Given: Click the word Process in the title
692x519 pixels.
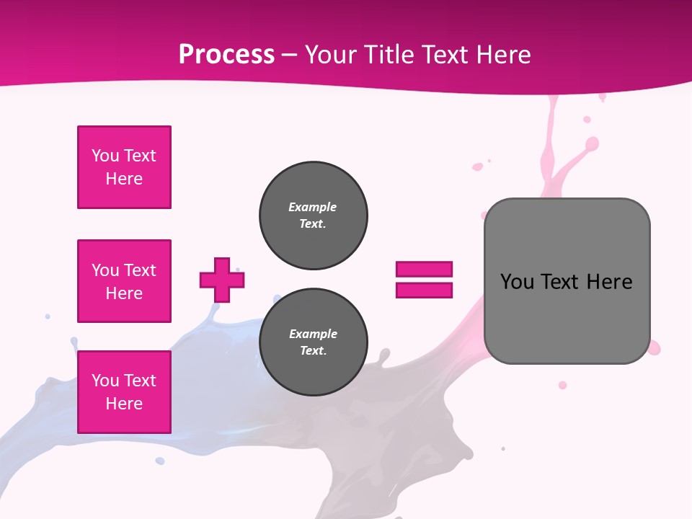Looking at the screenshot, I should click(226, 54).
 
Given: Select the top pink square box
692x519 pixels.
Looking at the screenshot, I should click(124, 167).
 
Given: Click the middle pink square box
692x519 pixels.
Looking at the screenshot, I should click(124, 281).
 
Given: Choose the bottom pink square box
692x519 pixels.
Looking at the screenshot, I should click(124, 392).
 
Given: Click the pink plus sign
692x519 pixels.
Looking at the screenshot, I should click(222, 280).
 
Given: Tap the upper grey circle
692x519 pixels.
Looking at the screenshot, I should click(313, 216).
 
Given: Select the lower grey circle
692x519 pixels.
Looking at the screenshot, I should click(313, 342).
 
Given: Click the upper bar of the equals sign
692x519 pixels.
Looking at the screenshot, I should click(424, 269).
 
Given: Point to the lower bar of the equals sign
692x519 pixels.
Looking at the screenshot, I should click(424, 290).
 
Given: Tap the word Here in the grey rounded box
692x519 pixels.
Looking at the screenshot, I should click(609, 282).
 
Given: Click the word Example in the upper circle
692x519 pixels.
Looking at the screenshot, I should click(312, 207).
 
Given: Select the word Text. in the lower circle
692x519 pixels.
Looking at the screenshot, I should click(313, 351).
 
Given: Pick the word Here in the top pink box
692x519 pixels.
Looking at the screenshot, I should click(124, 179).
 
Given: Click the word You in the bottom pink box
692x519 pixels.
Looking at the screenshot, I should click(105, 381).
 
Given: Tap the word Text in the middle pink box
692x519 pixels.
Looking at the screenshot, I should click(140, 270).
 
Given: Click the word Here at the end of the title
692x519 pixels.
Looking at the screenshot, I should click(502, 54).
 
